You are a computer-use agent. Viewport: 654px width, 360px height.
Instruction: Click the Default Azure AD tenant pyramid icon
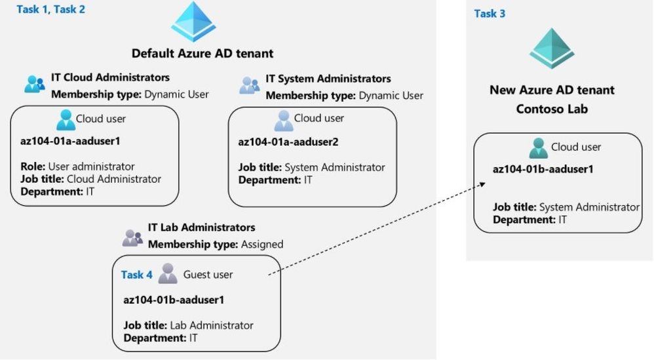(x=193, y=21)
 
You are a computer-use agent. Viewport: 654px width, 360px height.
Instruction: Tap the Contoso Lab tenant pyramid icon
(x=552, y=49)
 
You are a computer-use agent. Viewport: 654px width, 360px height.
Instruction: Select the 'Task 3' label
(x=490, y=14)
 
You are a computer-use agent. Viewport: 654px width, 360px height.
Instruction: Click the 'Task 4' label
(x=136, y=275)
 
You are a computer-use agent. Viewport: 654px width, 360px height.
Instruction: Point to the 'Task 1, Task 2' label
(x=51, y=9)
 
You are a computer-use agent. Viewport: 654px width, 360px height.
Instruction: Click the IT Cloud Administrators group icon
(x=35, y=84)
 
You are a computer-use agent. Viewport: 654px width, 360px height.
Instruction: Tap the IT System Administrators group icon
(x=250, y=85)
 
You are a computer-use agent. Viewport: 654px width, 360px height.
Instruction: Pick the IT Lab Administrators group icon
(x=132, y=238)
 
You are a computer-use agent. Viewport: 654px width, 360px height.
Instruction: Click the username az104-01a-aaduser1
(x=70, y=141)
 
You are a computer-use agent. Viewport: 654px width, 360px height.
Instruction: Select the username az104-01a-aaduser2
(x=288, y=142)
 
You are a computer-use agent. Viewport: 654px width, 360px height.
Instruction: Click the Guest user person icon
(x=168, y=274)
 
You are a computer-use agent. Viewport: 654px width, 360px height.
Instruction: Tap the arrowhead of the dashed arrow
(x=482, y=184)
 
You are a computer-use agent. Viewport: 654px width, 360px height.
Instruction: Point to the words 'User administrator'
(x=91, y=167)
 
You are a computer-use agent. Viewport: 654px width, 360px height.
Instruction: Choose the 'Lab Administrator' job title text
(x=212, y=325)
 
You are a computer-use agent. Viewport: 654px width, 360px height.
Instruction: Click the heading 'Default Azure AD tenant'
(x=202, y=53)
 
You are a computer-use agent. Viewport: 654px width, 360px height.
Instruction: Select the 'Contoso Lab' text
(x=552, y=109)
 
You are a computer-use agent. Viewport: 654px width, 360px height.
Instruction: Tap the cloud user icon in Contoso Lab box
(x=539, y=148)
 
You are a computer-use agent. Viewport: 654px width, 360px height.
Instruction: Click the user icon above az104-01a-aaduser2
(x=284, y=121)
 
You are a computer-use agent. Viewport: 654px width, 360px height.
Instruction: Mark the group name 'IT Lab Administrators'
(x=201, y=228)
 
